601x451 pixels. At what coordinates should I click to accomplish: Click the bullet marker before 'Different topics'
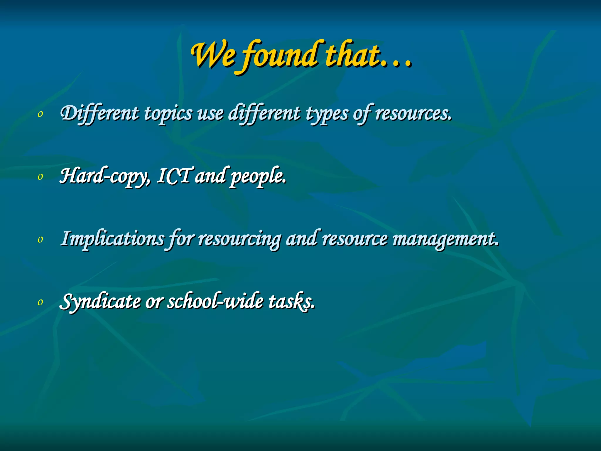point(40,114)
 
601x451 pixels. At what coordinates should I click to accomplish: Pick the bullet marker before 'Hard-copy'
point(40,177)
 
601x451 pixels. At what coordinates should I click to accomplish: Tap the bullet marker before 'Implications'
point(40,240)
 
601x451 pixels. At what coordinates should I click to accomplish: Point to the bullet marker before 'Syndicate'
point(40,302)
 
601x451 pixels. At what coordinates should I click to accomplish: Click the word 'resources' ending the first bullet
point(412,114)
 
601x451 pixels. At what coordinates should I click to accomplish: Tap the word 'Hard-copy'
point(104,176)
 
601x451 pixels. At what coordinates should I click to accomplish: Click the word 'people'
point(257,177)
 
